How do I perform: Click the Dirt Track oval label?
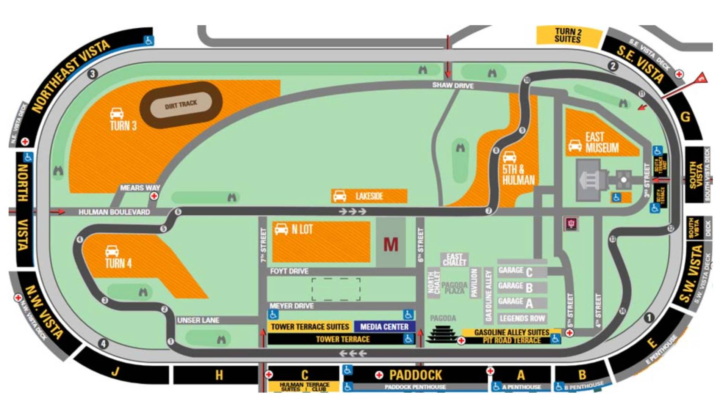click(181, 104)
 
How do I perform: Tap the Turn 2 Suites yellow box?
click(568, 35)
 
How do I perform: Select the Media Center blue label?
click(384, 327)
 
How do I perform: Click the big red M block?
click(391, 244)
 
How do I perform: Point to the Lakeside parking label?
click(369, 196)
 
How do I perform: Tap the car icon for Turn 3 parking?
click(117, 113)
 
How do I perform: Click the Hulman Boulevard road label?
click(114, 212)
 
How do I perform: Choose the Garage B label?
click(516, 287)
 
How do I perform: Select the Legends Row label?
click(522, 318)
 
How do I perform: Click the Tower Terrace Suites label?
click(310, 327)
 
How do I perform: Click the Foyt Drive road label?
click(289, 271)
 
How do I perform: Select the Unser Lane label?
click(198, 320)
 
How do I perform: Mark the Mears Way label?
click(140, 188)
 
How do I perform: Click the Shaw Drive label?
click(453, 85)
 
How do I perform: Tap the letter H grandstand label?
click(219, 375)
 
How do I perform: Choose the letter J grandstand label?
click(115, 371)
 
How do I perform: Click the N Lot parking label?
click(302, 229)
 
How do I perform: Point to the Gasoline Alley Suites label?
click(512, 332)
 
